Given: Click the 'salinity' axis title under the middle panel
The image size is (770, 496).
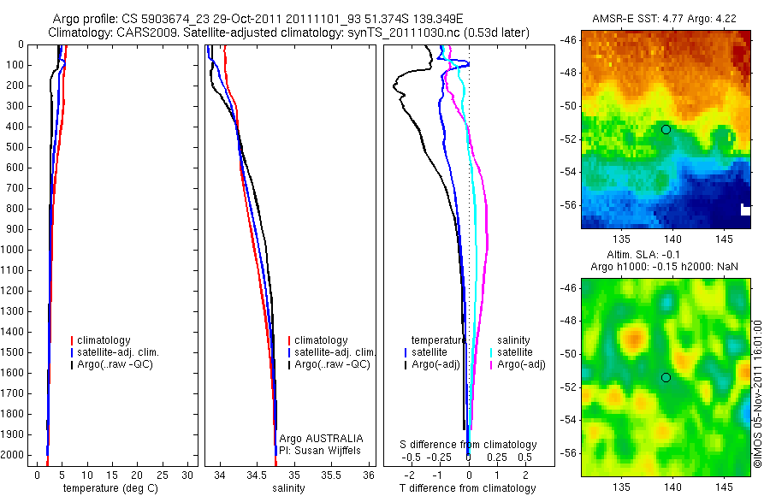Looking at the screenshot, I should click(x=288, y=488).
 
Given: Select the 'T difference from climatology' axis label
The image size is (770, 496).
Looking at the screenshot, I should click(x=467, y=488).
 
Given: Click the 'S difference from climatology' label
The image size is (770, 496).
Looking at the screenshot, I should click(x=469, y=445).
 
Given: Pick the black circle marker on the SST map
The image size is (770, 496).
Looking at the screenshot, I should click(x=666, y=129).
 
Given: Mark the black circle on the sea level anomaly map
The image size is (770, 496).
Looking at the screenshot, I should click(x=666, y=377).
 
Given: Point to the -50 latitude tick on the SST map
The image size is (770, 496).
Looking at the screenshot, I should click(x=568, y=106).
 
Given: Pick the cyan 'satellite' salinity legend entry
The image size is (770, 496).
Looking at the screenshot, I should click(x=514, y=352).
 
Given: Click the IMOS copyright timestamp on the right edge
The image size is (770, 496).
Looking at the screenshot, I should click(x=758, y=393).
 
